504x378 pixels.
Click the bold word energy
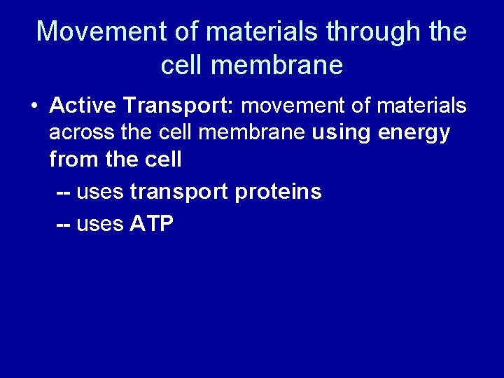[416, 133]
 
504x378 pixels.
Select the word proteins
[279, 192]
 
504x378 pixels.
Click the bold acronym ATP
[152, 224]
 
